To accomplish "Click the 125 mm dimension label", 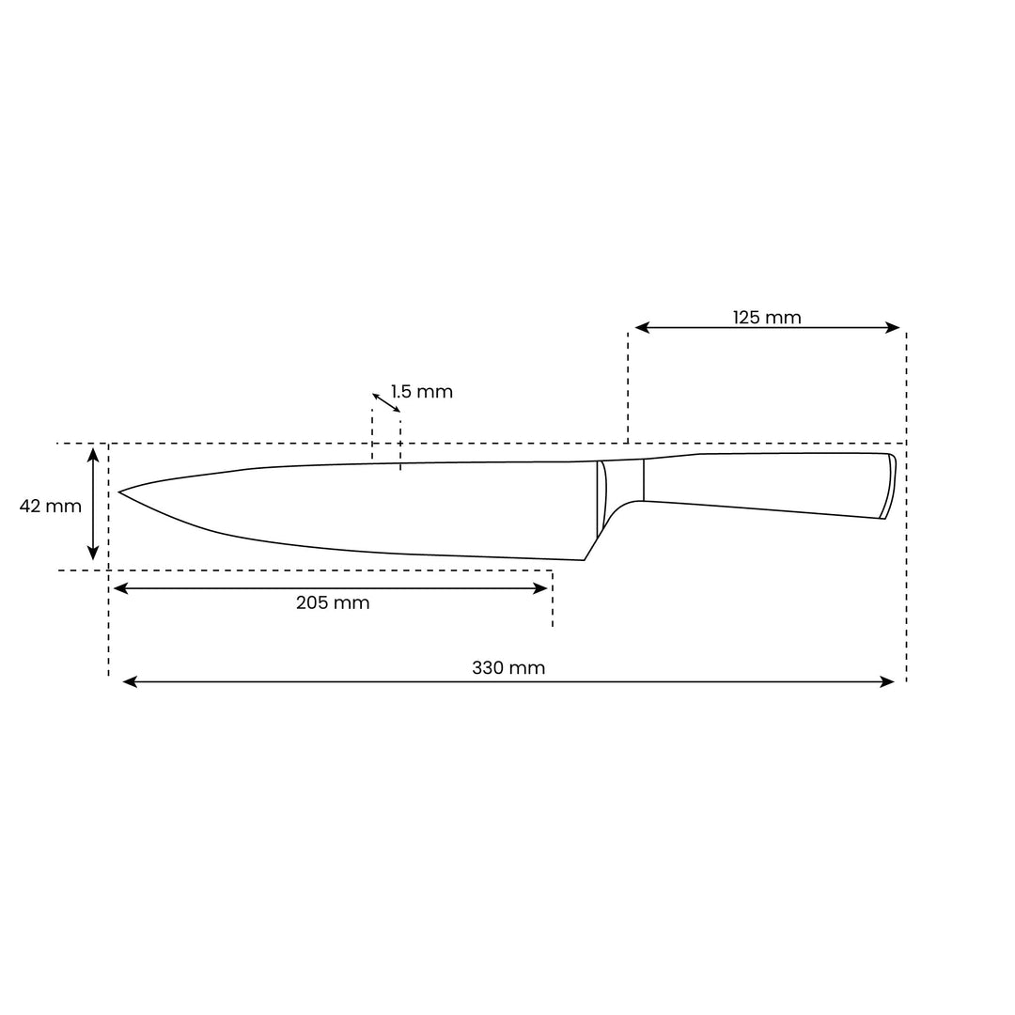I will tap(767, 318).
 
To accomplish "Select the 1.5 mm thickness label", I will tap(422, 392).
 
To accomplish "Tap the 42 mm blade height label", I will tap(51, 507).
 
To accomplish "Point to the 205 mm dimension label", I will tap(333, 603).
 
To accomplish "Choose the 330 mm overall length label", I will tap(508, 668).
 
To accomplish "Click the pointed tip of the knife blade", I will tap(120, 492).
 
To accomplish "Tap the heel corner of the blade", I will tap(584, 560).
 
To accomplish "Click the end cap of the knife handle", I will tap(887, 486).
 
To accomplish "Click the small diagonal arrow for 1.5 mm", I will tap(386, 402).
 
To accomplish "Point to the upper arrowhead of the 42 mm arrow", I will tap(93, 454).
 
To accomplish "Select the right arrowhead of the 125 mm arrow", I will tap(894, 328).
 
